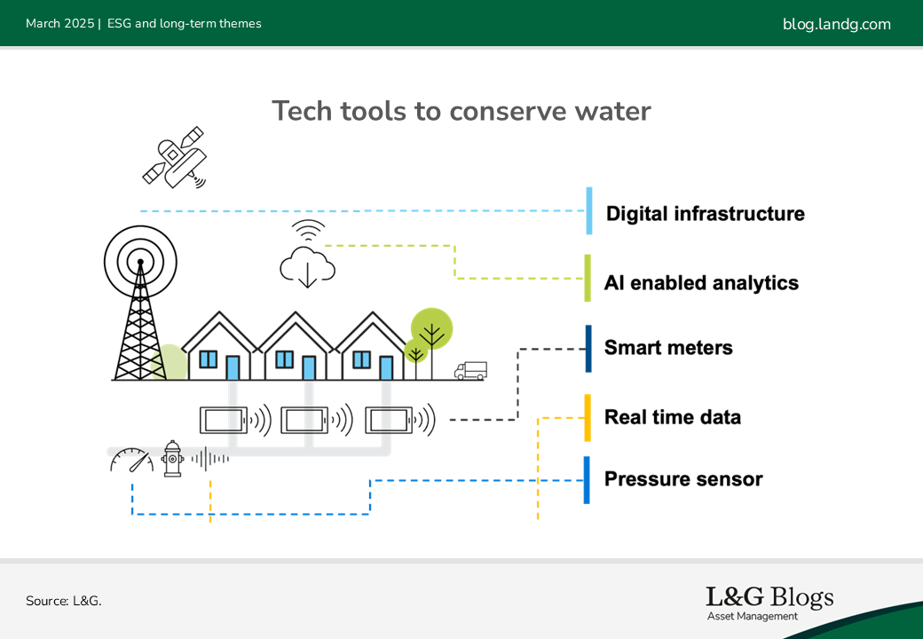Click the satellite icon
(x=174, y=158)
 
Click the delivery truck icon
(x=470, y=371)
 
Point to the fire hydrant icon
(x=172, y=458)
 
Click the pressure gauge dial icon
(x=132, y=460)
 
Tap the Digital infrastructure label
(x=706, y=213)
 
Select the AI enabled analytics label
(x=701, y=283)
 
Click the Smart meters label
(x=668, y=348)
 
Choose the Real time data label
(x=672, y=417)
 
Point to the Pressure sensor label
(x=683, y=479)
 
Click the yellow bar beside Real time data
(x=588, y=418)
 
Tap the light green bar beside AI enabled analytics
(x=588, y=278)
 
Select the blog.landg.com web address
(x=836, y=24)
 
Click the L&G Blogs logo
(x=769, y=603)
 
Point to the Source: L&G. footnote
(x=64, y=601)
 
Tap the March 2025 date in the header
(x=60, y=24)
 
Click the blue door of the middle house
(x=309, y=367)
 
